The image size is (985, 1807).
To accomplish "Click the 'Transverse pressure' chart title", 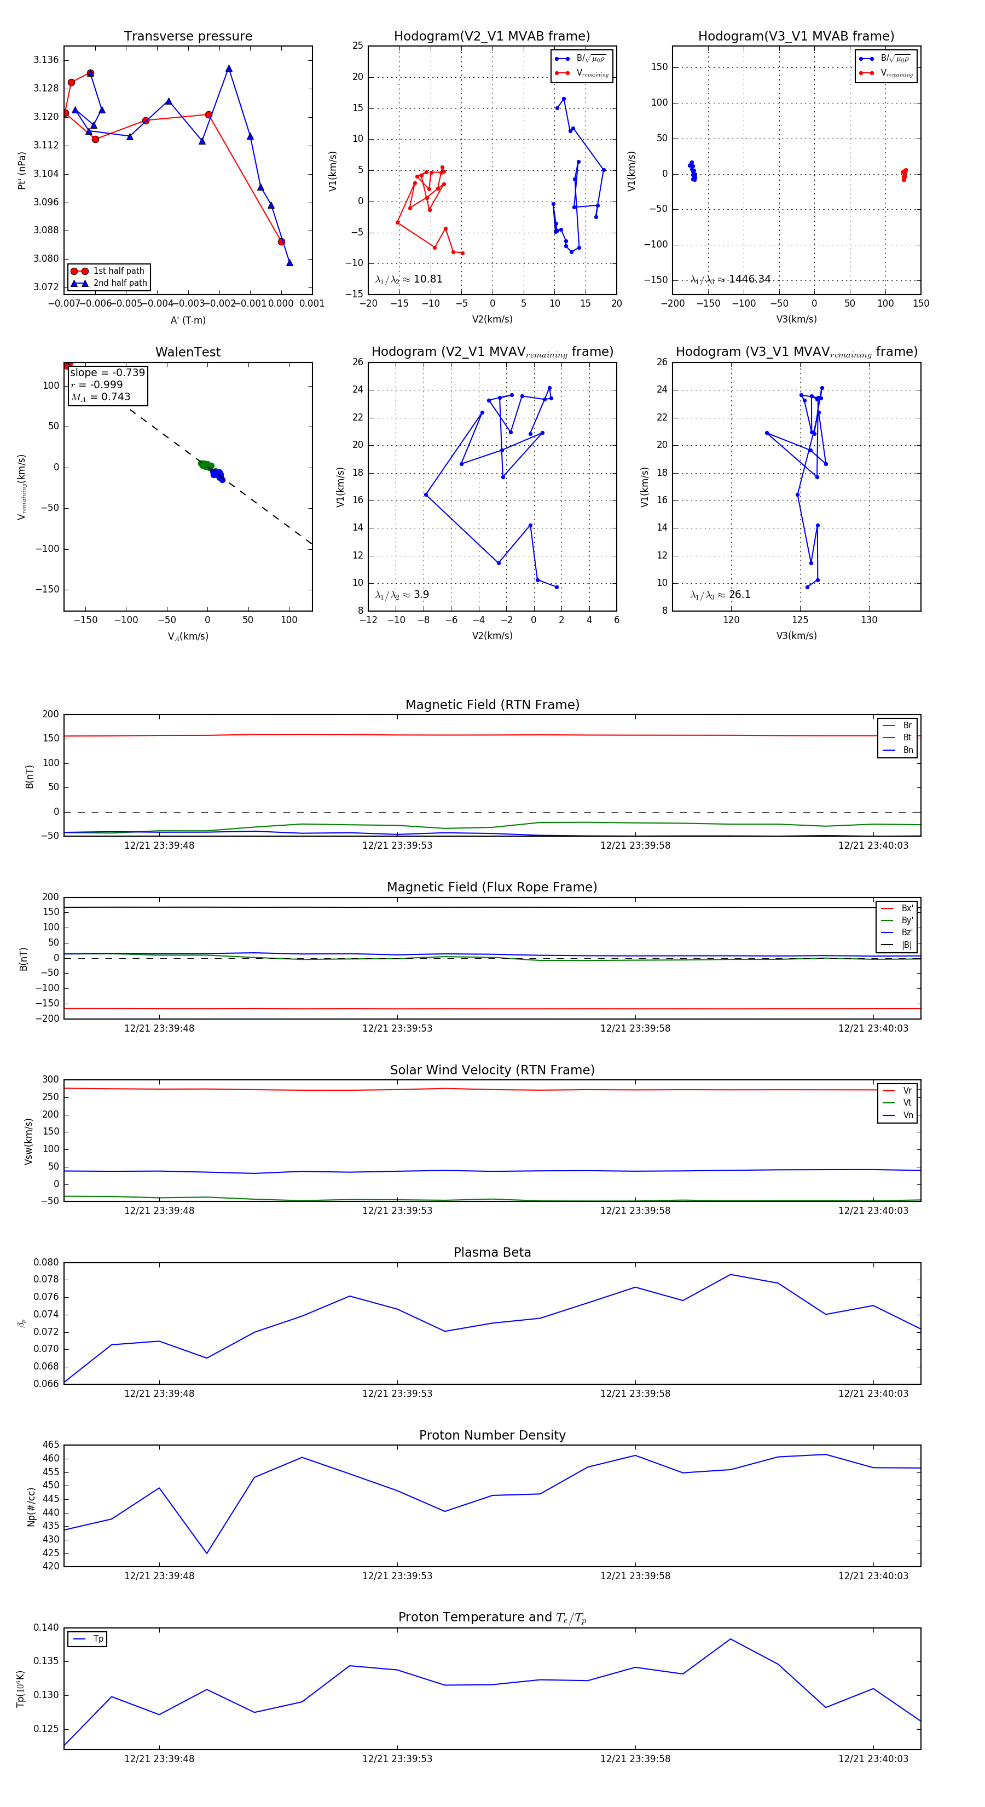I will click(188, 37).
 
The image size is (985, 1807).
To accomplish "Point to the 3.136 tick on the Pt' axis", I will click(47, 60).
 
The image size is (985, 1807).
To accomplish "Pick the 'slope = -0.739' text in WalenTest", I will click(107, 372).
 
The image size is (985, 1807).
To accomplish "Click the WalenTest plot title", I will click(188, 352).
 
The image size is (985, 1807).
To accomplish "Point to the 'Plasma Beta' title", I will click(492, 1253).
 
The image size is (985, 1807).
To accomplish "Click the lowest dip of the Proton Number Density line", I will click(207, 1553).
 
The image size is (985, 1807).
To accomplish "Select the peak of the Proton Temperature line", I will click(731, 1639).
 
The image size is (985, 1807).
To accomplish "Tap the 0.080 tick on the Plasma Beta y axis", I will click(47, 1263).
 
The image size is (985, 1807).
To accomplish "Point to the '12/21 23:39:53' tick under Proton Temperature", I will click(397, 1759).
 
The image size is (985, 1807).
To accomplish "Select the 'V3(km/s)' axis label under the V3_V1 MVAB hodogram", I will click(796, 319).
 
